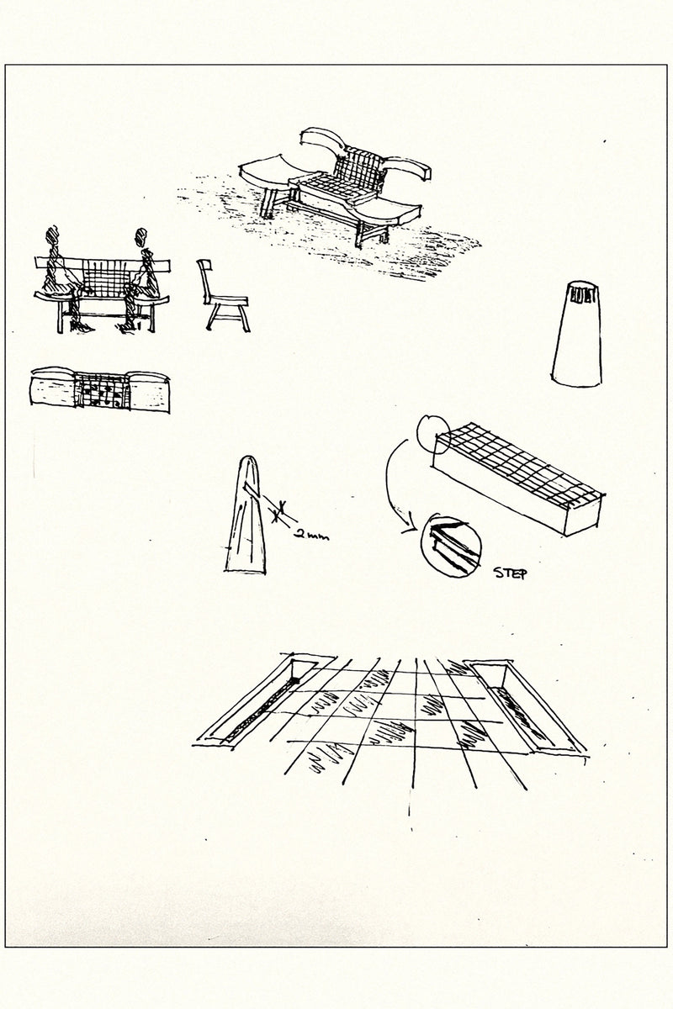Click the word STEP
tap(510, 573)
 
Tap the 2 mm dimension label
tap(311, 536)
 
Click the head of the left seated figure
tap(52, 235)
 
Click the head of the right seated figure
tap(141, 237)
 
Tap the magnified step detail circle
tap(451, 545)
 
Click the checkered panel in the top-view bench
tap(102, 390)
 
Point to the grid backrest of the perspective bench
tap(358, 172)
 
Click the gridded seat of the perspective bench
tap(329, 186)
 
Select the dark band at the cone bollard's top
tap(582, 296)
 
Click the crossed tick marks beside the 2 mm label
tap(279, 511)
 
